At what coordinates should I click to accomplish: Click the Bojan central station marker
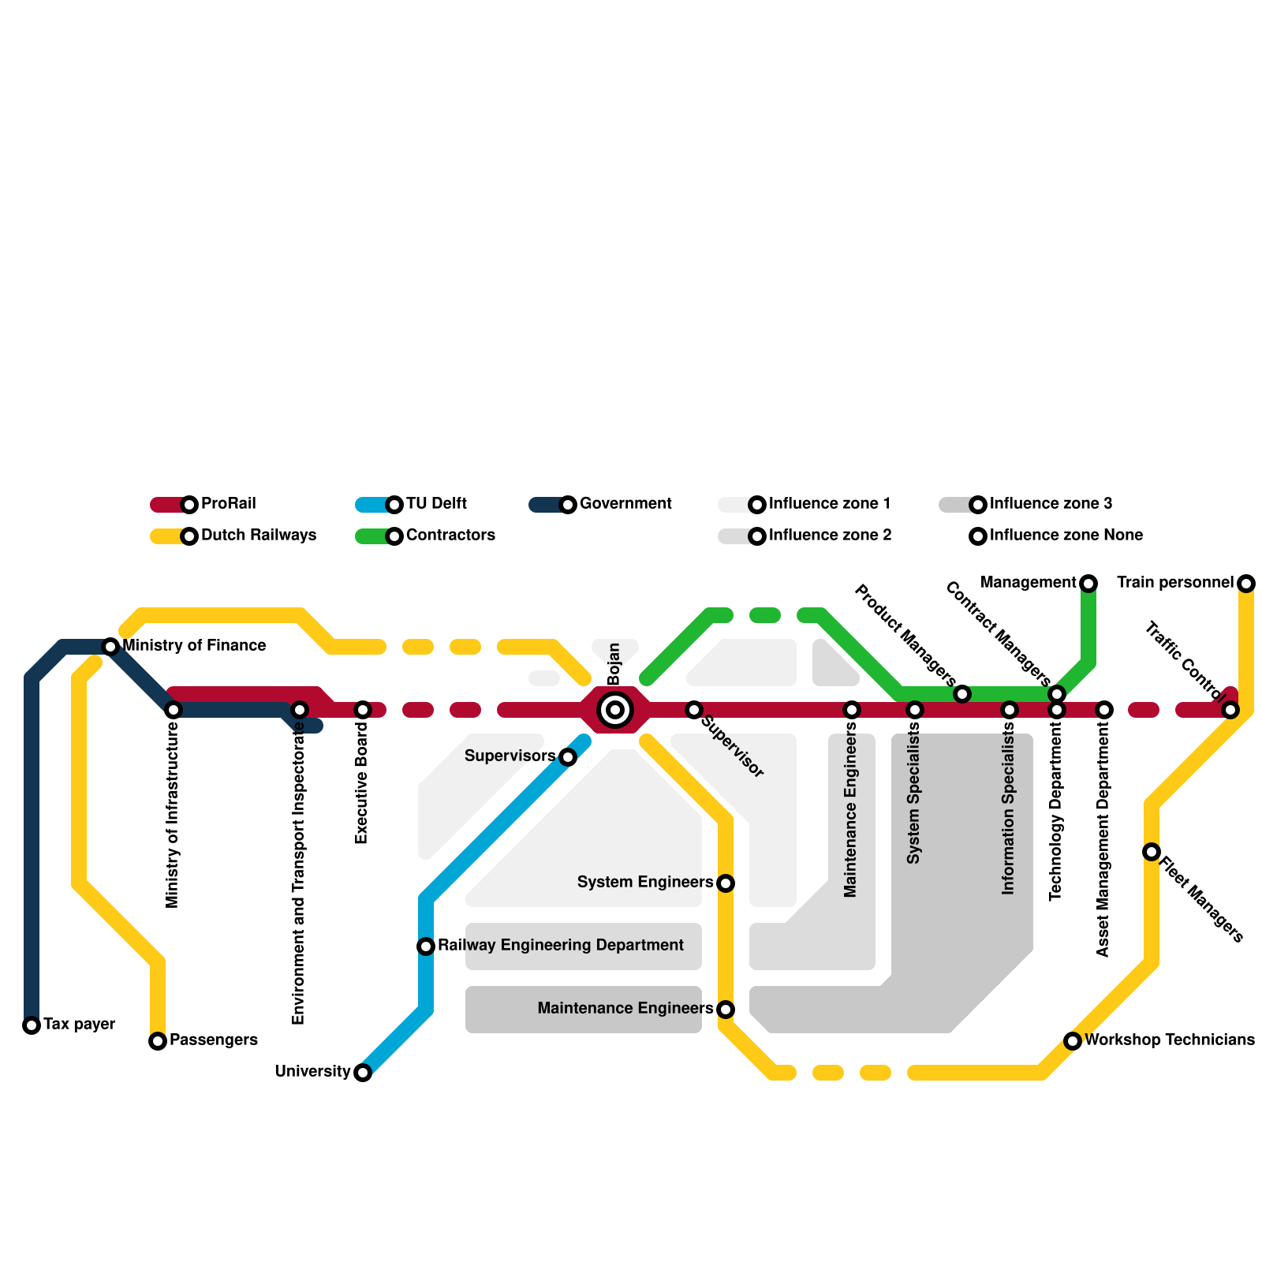[x=615, y=710]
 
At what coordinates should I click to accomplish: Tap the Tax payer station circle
[x=32, y=1025]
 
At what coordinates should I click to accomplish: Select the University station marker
[x=363, y=1073]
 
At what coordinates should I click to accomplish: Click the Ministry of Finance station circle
[x=111, y=647]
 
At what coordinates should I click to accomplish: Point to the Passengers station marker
[x=158, y=1041]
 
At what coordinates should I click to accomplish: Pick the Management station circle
[x=1088, y=584]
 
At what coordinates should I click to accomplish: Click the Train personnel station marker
[x=1246, y=584]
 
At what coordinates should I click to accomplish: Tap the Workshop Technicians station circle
[x=1073, y=1041]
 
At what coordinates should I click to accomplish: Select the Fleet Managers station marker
[x=1152, y=852]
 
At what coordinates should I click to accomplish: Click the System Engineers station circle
[x=726, y=883]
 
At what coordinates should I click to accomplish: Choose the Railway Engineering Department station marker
[x=426, y=946]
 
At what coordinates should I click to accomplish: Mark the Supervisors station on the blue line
[x=568, y=757]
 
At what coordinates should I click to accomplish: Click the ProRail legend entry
[x=228, y=504]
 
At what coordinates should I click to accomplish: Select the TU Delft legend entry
[x=435, y=504]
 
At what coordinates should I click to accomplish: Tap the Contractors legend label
[x=450, y=536]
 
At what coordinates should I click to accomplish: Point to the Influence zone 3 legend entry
[x=1050, y=504]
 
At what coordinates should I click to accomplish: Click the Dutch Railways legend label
[x=258, y=536]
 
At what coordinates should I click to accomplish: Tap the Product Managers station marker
[x=962, y=694]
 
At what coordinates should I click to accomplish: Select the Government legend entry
[x=625, y=504]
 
